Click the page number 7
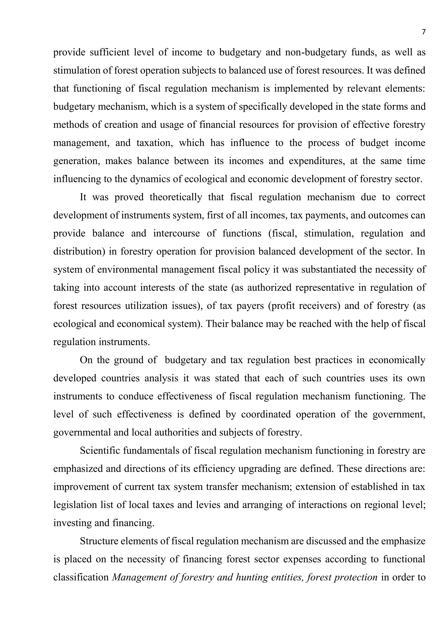coord(423,32)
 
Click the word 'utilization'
coord(146,306)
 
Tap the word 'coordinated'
coord(266,414)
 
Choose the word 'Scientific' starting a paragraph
coord(99,451)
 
